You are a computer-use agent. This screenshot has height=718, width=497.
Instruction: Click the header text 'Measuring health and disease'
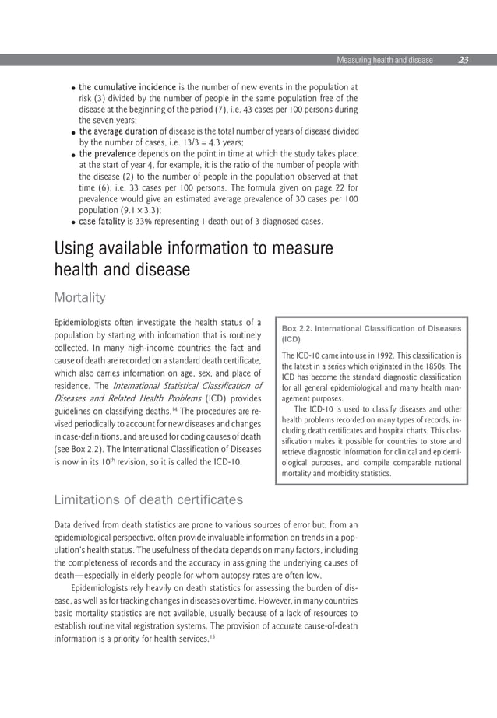(384, 60)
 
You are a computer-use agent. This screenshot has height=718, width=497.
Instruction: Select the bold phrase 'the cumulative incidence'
(127, 88)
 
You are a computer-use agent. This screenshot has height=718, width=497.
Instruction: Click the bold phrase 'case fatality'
(104, 221)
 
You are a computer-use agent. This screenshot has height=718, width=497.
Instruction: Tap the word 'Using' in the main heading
(76, 249)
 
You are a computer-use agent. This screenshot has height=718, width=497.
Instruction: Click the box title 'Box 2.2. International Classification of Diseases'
(372, 328)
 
